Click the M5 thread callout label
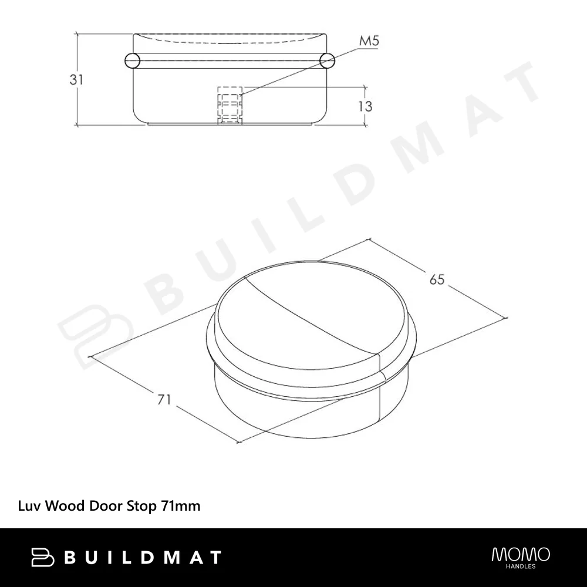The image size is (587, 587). tap(369, 41)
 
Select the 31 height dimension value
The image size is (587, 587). tap(76, 79)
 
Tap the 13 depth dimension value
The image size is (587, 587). tap(365, 106)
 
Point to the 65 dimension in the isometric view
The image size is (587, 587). tap(437, 279)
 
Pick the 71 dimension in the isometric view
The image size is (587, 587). tap(164, 399)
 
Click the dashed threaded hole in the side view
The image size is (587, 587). tap(230, 105)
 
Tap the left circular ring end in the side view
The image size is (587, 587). tap(131, 60)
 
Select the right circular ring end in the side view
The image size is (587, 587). tap(327, 60)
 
